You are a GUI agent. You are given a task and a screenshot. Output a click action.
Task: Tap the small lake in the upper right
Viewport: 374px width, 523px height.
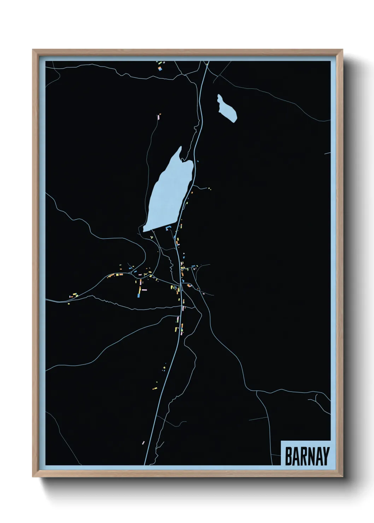click(x=227, y=108)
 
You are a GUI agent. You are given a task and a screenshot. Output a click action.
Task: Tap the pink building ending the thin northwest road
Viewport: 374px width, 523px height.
click(x=159, y=115)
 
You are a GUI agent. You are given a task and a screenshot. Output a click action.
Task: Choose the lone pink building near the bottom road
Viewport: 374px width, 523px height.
click(x=143, y=442)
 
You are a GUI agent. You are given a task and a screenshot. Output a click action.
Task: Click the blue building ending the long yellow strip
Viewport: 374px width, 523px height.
click(x=139, y=296)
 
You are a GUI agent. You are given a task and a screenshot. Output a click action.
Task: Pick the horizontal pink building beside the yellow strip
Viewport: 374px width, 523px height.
click(x=144, y=290)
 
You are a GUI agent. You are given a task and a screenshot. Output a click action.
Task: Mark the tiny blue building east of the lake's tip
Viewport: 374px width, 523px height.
click(x=198, y=161)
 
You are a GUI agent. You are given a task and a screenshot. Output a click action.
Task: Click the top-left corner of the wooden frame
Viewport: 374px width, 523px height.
click(x=33, y=50)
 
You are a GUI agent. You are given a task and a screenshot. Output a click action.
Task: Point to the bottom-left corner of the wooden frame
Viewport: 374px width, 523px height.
click(x=33, y=476)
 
